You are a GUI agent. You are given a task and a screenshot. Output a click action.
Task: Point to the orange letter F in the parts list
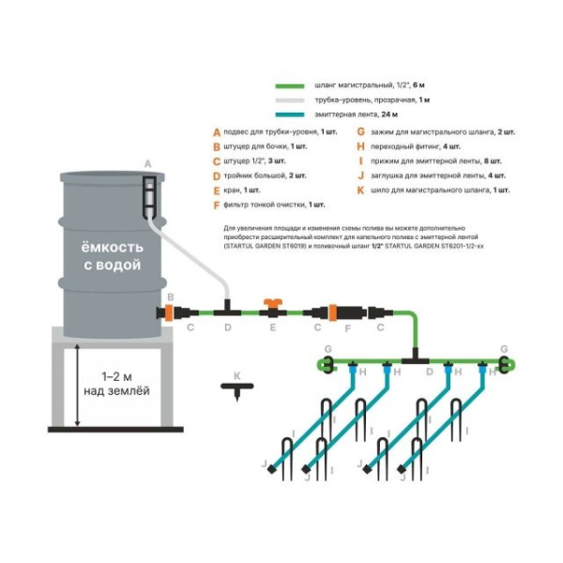(x=217, y=204)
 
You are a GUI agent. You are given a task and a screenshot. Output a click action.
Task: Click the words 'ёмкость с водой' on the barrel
(x=111, y=257)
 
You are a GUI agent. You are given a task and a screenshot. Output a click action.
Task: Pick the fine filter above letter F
(x=342, y=310)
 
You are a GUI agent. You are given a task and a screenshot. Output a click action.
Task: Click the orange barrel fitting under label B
(x=169, y=310)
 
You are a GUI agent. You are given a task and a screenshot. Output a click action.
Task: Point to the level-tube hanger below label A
(x=147, y=195)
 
